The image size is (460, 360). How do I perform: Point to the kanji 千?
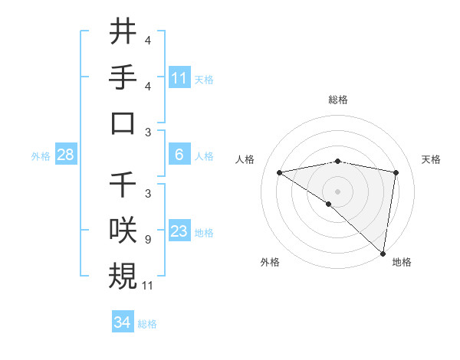pyautogui.click(x=123, y=184)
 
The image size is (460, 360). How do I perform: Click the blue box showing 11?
pyautogui.click(x=179, y=78)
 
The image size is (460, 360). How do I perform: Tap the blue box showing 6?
pyautogui.click(x=179, y=155)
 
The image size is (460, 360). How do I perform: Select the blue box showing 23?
pyautogui.click(x=179, y=231)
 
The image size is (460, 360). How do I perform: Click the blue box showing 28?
pyautogui.click(x=66, y=155)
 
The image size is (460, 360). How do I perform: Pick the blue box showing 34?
pyautogui.click(x=123, y=322)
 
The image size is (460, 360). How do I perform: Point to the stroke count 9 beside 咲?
pyautogui.click(x=147, y=240)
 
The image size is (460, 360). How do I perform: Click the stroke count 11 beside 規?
pyautogui.click(x=149, y=286)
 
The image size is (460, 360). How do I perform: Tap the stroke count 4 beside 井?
pyautogui.click(x=147, y=41)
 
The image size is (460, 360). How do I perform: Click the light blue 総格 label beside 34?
pyautogui.click(x=147, y=324)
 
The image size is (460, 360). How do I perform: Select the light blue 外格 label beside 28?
pyautogui.click(x=41, y=156)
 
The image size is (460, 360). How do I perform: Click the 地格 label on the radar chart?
pyautogui.click(x=402, y=262)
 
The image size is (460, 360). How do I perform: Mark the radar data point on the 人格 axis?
pyautogui.click(x=280, y=172)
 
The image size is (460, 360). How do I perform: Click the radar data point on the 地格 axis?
pyautogui.click(x=383, y=253)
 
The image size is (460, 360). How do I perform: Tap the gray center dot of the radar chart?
pyautogui.click(x=337, y=190)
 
